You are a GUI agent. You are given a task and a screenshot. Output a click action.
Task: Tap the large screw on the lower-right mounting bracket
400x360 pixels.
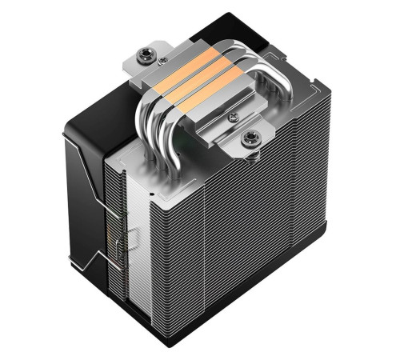pos(249,138)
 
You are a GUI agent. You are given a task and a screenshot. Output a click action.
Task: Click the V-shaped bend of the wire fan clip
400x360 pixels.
pos(91,260)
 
